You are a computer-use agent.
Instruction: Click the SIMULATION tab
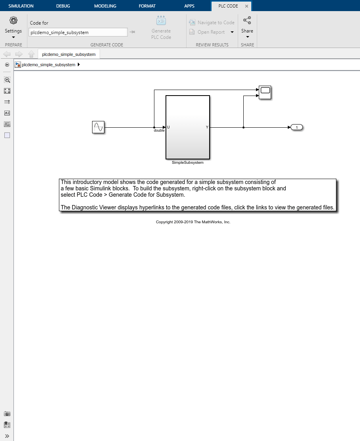pyautogui.click(x=21, y=6)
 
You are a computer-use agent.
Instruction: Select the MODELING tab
pyautogui.click(x=105, y=6)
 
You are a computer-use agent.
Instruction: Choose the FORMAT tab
pyautogui.click(x=147, y=6)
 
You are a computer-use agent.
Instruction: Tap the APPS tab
pyautogui.click(x=189, y=6)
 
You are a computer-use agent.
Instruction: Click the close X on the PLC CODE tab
pyautogui.click(x=246, y=6)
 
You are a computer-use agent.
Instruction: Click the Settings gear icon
pyautogui.click(x=13, y=20)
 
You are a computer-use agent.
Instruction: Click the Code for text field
pyautogui.click(x=78, y=33)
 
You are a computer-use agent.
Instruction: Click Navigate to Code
pyautogui.click(x=212, y=23)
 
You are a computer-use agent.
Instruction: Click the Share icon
pyautogui.click(x=247, y=21)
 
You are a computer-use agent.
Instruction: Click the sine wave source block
pyautogui.click(x=98, y=127)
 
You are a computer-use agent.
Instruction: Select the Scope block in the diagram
pyautogui.click(x=265, y=92)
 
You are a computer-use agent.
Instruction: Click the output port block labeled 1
pyautogui.click(x=296, y=127)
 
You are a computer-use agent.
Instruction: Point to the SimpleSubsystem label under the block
pyautogui.click(x=187, y=163)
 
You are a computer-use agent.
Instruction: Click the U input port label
pyautogui.click(x=168, y=127)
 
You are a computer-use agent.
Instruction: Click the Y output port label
pyautogui.click(x=207, y=127)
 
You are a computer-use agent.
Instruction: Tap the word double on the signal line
pyautogui.click(x=159, y=130)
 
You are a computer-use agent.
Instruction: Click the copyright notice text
pyautogui.click(x=193, y=222)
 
